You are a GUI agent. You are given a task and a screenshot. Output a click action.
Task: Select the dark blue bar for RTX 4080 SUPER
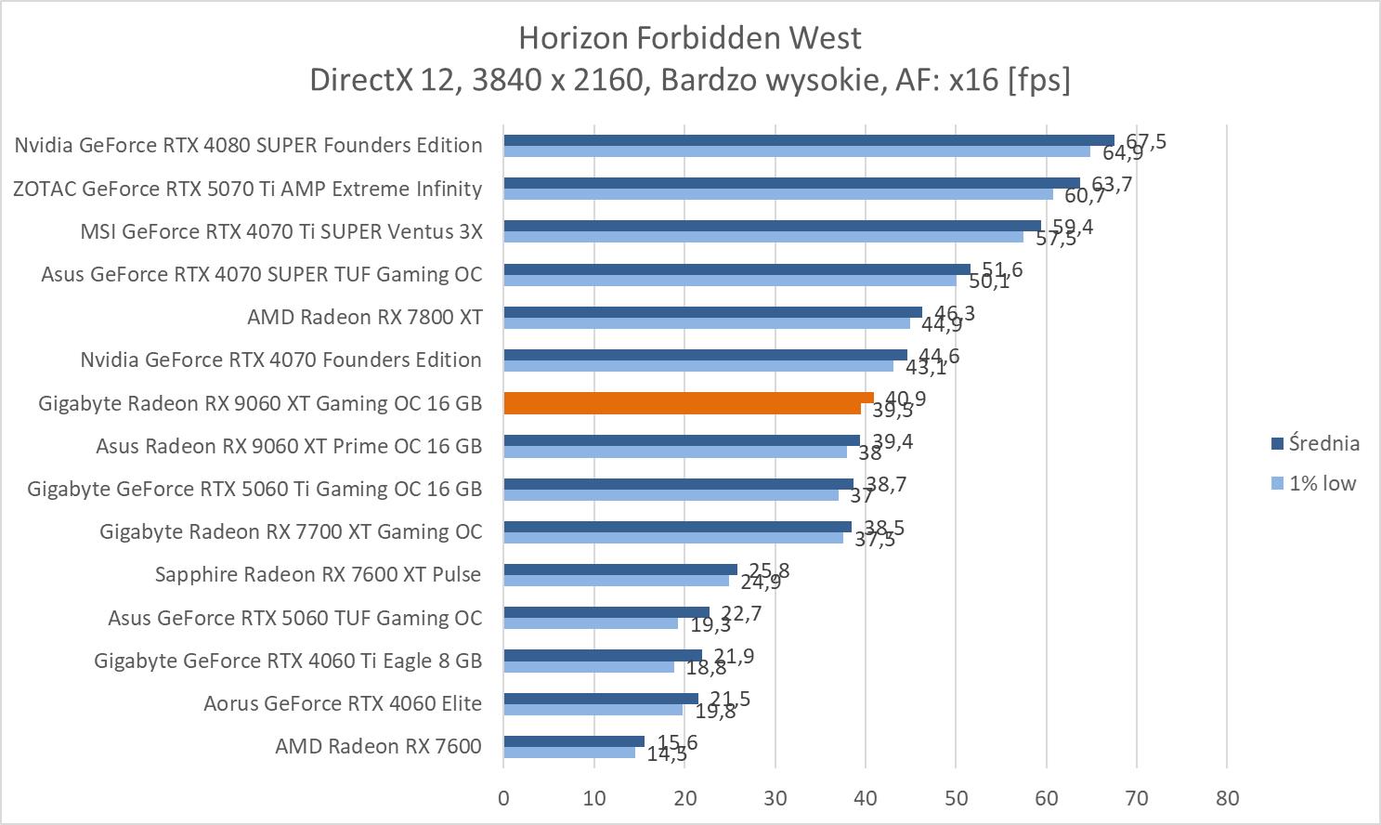(808, 140)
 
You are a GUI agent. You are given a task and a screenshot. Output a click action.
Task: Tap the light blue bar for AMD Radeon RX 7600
(569, 753)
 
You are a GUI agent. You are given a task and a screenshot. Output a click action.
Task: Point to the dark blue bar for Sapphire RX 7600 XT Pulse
(619, 570)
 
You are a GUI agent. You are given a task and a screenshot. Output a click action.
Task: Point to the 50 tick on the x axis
(956, 798)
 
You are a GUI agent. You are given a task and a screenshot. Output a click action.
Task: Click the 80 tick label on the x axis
(1227, 798)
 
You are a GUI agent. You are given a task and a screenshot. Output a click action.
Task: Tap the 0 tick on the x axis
(503, 798)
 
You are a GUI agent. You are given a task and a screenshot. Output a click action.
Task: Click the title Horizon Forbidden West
(690, 37)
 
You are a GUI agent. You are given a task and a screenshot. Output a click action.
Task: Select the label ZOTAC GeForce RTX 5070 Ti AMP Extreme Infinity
(247, 189)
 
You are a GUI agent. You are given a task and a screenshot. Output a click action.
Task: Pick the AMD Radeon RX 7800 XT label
(364, 317)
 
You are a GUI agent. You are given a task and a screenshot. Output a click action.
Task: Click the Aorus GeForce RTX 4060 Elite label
(343, 703)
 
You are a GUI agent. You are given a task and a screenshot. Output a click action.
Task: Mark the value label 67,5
(1145, 142)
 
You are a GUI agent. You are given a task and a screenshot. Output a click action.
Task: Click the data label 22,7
(741, 613)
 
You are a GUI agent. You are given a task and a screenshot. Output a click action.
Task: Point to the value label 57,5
(1056, 239)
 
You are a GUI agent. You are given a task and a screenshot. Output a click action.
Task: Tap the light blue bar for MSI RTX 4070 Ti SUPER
(762, 237)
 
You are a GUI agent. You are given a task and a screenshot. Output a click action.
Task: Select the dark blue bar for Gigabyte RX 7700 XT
(677, 527)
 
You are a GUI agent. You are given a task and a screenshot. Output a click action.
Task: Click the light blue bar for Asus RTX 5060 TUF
(591, 623)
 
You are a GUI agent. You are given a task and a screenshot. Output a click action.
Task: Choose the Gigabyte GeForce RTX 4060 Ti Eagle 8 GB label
(288, 661)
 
